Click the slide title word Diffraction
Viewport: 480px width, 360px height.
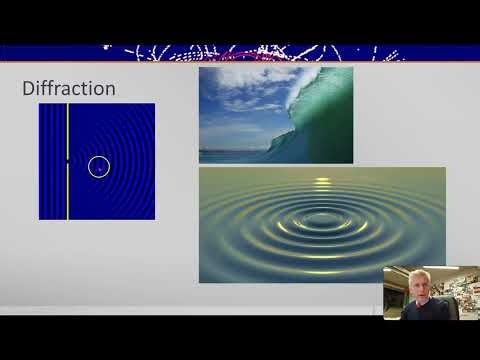point(68,89)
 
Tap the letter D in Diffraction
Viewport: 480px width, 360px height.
point(28,89)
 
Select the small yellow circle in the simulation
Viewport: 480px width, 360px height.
point(98,167)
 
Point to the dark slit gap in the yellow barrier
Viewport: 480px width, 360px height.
point(67,160)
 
